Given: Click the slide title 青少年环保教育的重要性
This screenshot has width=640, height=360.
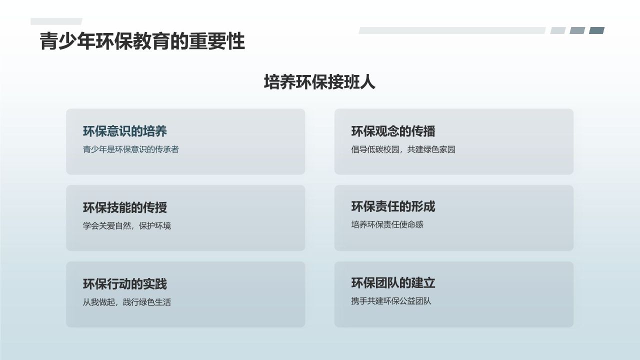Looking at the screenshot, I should [142, 41].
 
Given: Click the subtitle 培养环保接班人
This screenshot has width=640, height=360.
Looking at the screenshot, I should [319, 82].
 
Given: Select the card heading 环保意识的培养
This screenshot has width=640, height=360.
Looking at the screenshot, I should [125, 131].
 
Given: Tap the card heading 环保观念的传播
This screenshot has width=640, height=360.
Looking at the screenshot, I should [393, 131].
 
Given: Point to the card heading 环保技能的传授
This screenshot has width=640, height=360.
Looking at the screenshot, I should [125, 207].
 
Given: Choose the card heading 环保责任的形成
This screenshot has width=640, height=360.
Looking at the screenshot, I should [393, 206].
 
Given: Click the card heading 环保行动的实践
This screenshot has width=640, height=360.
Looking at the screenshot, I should [125, 284].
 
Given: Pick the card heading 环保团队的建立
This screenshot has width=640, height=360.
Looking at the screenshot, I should [393, 283].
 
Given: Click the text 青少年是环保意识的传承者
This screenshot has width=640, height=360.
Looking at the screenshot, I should [130, 149].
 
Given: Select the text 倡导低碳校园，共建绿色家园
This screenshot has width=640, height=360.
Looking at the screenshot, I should [403, 149].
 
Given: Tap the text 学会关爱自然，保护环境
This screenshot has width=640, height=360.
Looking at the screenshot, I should [127, 225].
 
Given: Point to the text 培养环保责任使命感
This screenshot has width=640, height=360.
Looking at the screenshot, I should [387, 224].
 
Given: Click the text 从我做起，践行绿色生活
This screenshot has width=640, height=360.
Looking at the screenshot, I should [127, 302].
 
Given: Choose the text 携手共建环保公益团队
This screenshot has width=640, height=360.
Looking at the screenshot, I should [391, 301].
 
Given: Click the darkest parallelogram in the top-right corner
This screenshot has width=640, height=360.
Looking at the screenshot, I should [596, 30].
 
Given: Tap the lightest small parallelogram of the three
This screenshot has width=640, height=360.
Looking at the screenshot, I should [558, 30].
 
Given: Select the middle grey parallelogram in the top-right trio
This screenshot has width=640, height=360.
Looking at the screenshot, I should [577, 30].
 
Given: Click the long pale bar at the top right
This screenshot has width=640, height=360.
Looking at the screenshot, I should [452, 30].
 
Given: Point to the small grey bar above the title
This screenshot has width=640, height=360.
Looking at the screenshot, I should [56, 21].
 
